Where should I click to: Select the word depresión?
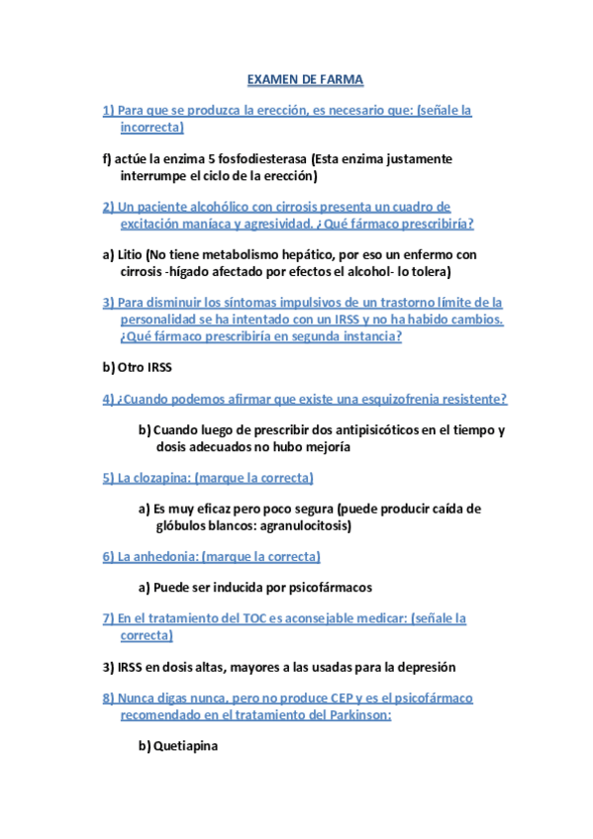pos(424,667)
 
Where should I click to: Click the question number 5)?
pos(108,478)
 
